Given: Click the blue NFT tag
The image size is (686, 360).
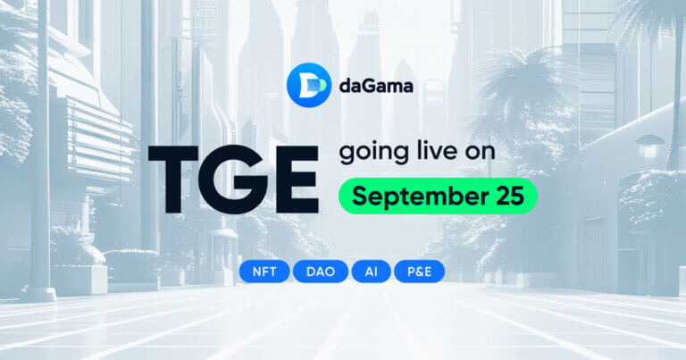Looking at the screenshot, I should tap(264, 271).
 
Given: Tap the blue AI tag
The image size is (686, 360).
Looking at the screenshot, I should tap(371, 271).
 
